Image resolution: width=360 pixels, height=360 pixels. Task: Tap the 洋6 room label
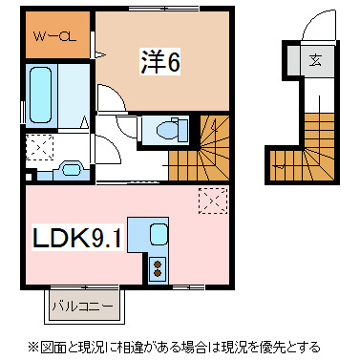coord(161,62)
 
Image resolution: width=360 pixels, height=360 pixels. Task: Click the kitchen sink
coord(157,232)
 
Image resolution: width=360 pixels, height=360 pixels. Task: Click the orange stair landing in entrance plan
coord(284,160)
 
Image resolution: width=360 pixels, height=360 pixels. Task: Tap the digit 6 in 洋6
coord(174,62)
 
